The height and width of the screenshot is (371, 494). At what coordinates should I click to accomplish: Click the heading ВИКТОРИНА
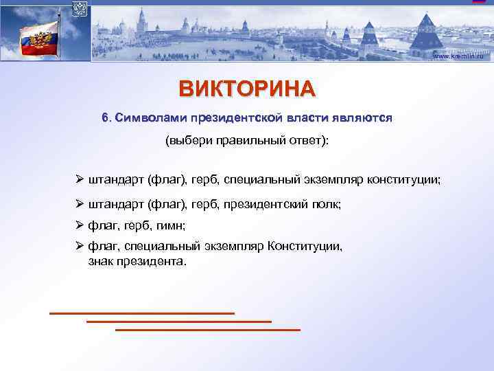click(x=247, y=89)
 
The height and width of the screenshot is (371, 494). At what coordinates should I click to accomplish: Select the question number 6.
click(x=106, y=117)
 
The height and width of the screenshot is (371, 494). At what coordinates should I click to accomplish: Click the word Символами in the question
click(x=147, y=117)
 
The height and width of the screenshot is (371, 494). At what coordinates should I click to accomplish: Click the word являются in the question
click(x=365, y=117)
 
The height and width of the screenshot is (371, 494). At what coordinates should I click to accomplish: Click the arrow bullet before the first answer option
click(x=80, y=179)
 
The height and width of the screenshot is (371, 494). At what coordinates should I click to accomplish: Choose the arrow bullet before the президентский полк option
click(x=80, y=204)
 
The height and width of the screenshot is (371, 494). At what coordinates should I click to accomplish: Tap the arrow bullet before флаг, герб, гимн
click(x=80, y=225)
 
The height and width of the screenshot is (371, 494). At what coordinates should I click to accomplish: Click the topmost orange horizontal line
click(x=142, y=313)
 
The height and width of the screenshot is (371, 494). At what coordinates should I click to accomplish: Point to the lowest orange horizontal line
click(x=208, y=330)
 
